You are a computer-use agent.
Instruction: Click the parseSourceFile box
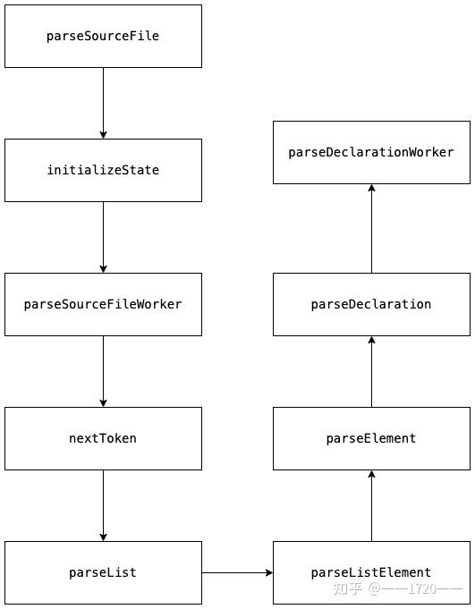103,36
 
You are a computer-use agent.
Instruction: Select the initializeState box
103,170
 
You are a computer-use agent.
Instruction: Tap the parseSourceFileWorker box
103,304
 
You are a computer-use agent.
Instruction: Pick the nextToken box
103,438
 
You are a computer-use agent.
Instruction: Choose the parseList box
103,572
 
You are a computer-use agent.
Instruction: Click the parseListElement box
371,572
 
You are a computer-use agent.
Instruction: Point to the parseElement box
371,438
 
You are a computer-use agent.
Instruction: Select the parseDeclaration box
371,304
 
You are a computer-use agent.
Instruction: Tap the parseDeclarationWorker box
371,152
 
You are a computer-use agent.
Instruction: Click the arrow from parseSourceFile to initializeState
103,103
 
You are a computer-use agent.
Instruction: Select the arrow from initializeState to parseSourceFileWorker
103,237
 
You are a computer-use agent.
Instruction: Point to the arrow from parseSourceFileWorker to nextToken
103,371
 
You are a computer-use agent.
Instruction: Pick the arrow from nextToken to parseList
103,505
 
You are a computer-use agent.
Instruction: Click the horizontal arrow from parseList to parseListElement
237,572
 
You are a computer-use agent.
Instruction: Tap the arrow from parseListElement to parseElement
371,505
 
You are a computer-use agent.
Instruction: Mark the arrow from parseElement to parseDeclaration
371,371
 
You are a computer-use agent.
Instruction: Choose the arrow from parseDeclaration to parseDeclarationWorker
371,228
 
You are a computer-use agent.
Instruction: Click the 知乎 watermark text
347,589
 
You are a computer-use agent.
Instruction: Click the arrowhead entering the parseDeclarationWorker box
371,189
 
